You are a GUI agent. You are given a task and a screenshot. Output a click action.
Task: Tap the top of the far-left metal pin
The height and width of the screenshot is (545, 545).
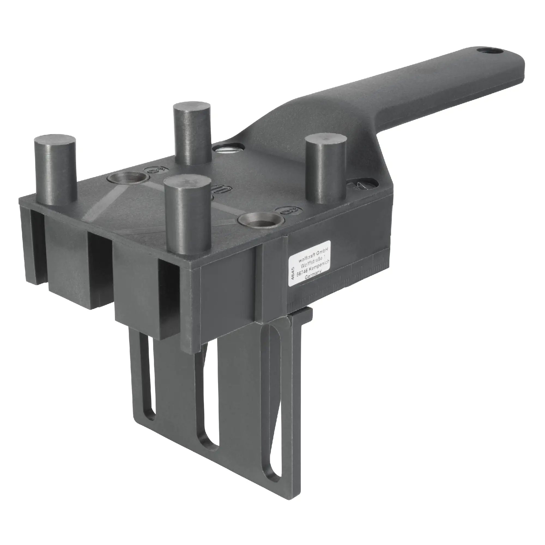[55, 139]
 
